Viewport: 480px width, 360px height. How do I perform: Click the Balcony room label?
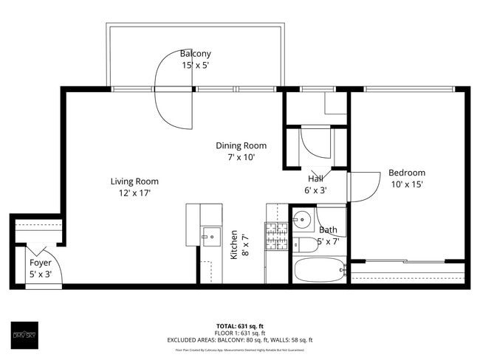(196, 54)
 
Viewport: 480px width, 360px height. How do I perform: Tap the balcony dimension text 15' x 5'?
(196, 66)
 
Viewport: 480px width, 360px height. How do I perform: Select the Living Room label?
(134, 181)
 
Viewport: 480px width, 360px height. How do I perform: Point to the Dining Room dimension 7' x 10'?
(241, 157)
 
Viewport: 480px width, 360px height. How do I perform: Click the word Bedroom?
(407, 173)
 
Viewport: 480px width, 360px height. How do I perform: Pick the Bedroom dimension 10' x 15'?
(407, 185)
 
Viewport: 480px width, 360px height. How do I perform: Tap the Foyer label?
(40, 263)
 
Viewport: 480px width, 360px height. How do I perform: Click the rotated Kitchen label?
(234, 244)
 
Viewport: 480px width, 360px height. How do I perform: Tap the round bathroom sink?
(301, 219)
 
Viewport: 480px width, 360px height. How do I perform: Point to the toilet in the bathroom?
(304, 244)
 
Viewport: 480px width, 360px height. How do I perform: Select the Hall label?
(316, 179)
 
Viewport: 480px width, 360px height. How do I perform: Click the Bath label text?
(328, 230)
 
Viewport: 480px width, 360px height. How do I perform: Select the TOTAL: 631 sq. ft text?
(240, 325)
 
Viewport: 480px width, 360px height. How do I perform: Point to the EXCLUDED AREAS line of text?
(240, 340)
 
